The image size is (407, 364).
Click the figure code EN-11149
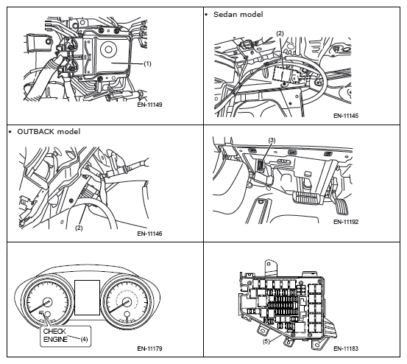[x=149, y=105]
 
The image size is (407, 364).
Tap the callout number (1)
[x=147, y=63]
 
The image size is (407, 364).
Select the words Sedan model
[x=238, y=15]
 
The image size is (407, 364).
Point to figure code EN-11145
[x=346, y=116]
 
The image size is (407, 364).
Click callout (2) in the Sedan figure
[x=280, y=33]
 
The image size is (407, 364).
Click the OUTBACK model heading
[x=49, y=132]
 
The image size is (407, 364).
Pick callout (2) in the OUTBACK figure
[x=79, y=228]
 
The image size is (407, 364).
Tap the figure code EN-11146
[x=149, y=234]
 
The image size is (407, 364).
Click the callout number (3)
[x=272, y=140]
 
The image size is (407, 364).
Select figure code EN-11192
[x=346, y=222]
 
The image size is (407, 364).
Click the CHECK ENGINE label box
[x=66, y=336]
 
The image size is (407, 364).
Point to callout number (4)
[x=84, y=339]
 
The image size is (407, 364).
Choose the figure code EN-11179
[x=149, y=349]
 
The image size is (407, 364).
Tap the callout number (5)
[x=266, y=341]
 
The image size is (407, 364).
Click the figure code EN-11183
[x=346, y=349]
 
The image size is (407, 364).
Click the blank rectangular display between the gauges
[x=87, y=298]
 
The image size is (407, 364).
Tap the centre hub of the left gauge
[x=47, y=303]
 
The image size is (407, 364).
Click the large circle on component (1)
[x=108, y=49]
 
